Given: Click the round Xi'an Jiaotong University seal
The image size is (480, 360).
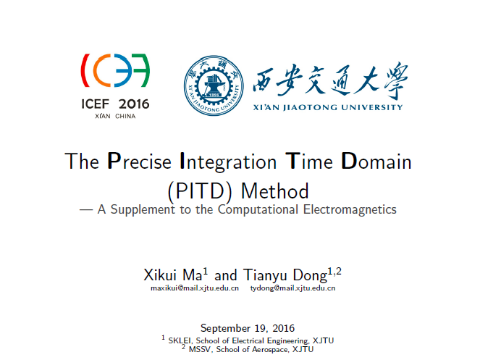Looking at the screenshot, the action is click(x=214, y=85).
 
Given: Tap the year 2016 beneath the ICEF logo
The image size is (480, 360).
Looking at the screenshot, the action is click(x=134, y=104).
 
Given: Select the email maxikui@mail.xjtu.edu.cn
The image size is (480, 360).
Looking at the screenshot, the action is click(x=195, y=288).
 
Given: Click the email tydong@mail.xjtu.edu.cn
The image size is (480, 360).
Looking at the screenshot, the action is click(x=292, y=288).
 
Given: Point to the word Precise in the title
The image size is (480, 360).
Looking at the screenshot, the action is click(x=139, y=161).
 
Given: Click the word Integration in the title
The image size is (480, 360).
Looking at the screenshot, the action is click(x=228, y=162).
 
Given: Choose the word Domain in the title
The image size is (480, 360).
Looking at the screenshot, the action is click(x=376, y=161).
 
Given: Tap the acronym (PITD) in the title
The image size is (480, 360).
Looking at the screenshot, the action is click(x=200, y=191).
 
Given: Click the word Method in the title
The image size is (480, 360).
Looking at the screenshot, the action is click(x=275, y=191).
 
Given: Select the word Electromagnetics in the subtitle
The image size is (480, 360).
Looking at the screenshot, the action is click(x=350, y=209).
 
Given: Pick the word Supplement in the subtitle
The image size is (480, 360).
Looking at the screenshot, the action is click(x=143, y=210).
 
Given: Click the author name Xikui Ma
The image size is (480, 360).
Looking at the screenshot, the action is click(x=173, y=275).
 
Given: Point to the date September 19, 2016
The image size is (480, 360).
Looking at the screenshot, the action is click(x=248, y=328).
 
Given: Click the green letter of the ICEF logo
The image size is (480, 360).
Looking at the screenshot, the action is click(x=140, y=70).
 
